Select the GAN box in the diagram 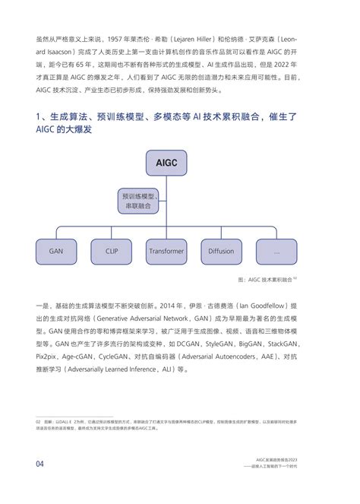pyautogui.click(x=55, y=251)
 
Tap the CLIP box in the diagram pyautogui.click(x=112, y=251)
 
